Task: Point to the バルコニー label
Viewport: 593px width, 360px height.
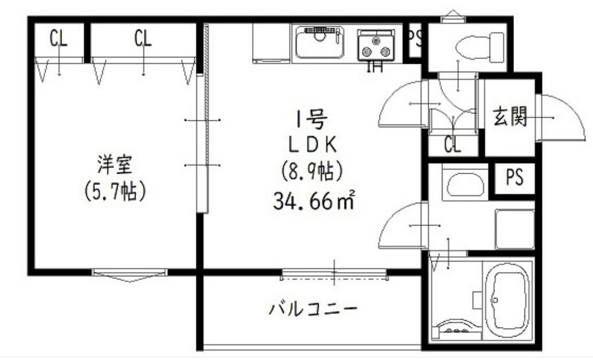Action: tap(314, 308)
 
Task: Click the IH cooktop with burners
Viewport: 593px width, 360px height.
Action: tap(375, 46)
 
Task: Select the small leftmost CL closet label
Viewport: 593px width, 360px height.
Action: tap(59, 39)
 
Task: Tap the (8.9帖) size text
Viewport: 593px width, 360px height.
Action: tap(314, 170)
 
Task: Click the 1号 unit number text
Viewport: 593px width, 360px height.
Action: tap(312, 121)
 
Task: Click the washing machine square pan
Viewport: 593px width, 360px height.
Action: tap(514, 228)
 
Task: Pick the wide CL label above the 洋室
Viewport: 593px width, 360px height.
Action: tap(142, 39)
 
